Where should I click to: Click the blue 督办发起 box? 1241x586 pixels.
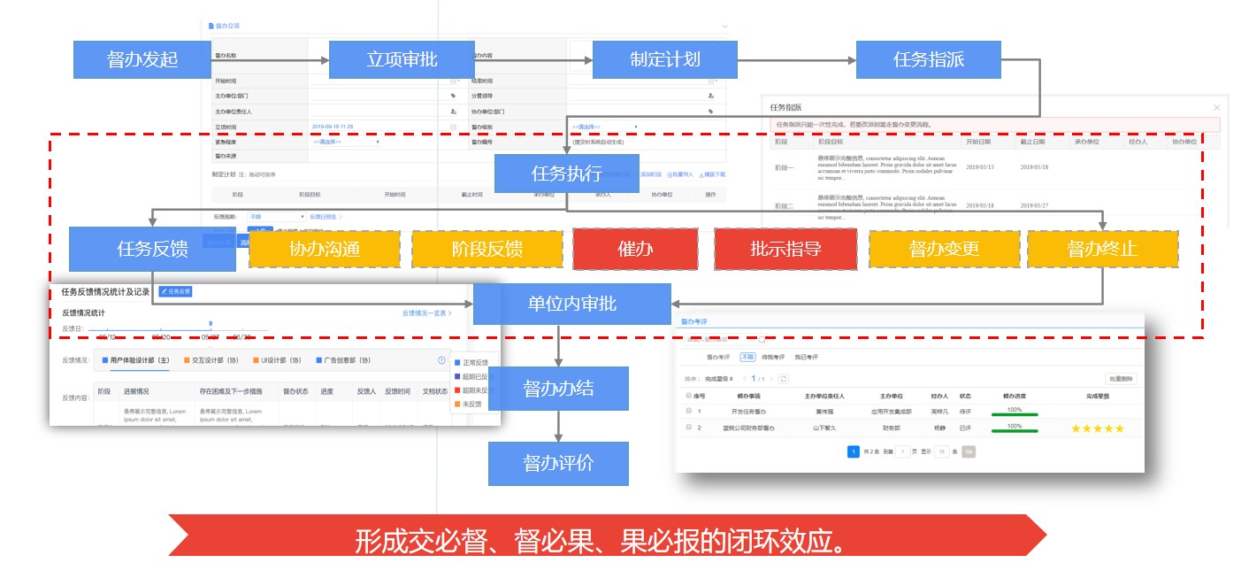point(142,60)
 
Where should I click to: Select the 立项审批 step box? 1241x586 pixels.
point(402,60)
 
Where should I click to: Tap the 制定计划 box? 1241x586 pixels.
point(664,60)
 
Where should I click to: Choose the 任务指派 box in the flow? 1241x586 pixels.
point(928,60)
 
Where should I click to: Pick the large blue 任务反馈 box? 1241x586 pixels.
point(152,249)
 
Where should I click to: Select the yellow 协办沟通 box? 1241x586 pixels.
point(324,249)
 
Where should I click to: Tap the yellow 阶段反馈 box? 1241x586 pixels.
point(486,249)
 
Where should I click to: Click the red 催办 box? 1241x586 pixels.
point(634,249)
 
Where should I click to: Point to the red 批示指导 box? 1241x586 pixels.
point(785,249)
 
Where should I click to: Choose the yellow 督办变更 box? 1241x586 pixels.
point(944,249)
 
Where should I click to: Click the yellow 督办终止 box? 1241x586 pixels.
point(1101,249)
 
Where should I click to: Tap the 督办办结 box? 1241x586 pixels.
point(558,389)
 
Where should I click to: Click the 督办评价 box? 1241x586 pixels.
point(558,464)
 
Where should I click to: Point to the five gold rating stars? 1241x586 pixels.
point(1097,428)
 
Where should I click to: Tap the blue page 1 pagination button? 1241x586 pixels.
point(854,451)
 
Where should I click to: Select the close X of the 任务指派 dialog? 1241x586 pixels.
point(1216,107)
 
